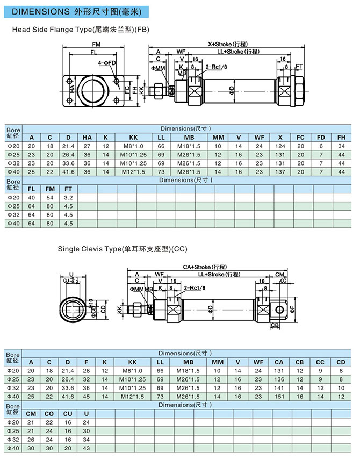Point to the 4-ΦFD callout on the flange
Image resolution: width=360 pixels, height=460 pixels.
106,63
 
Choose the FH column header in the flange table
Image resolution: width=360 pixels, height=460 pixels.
341,137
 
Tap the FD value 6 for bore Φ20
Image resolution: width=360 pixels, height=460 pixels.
321,146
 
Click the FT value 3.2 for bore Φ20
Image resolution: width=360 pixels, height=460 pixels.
68,198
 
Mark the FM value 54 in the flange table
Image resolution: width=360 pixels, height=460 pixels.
50,198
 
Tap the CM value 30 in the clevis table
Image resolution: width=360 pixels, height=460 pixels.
31,448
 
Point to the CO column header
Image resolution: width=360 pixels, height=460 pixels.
50,414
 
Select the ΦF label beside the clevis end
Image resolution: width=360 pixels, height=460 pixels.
293,308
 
